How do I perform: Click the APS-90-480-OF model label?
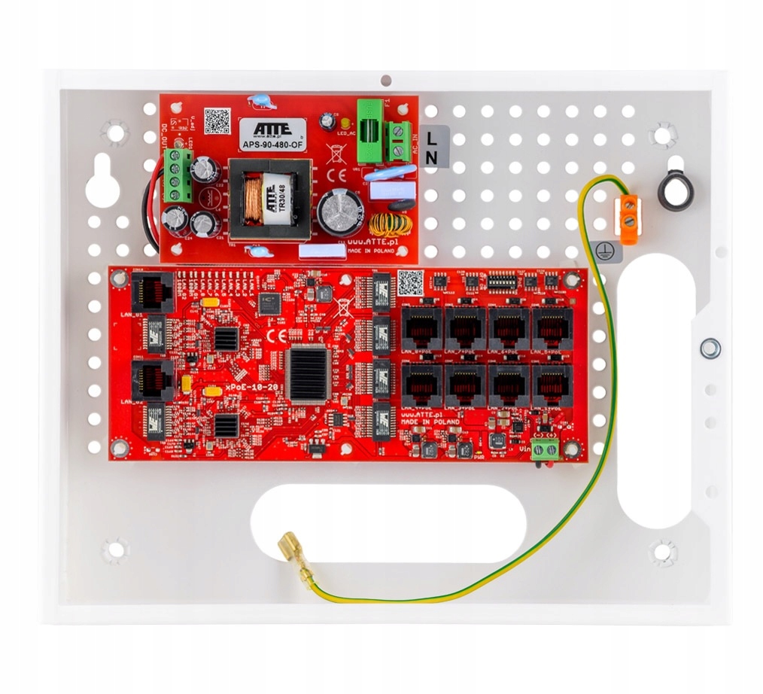click(x=272, y=145)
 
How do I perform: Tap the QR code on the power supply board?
click(x=217, y=120)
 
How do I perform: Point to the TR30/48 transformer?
click(x=270, y=195)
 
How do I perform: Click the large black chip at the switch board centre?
click(x=307, y=374)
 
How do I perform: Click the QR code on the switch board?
click(x=409, y=283)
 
